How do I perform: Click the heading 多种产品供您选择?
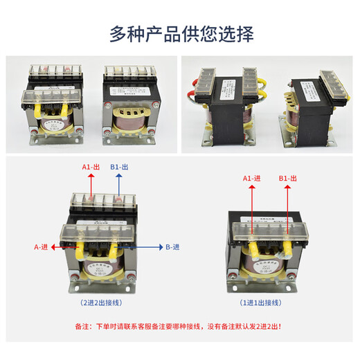[180, 32]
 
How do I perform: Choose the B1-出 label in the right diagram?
[287, 178]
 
